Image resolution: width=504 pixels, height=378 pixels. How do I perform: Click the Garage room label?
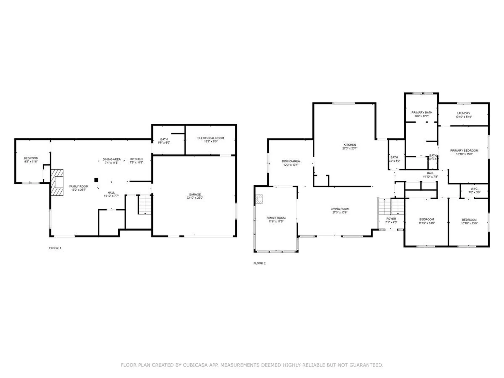(195, 195)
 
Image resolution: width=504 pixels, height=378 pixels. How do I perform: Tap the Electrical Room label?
(211, 138)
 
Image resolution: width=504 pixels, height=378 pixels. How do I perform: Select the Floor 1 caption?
(55, 248)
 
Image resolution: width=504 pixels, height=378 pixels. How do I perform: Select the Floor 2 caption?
(259, 263)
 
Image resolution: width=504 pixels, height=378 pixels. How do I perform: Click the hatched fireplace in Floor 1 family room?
(57, 182)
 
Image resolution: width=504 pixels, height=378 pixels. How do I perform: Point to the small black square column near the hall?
(96, 180)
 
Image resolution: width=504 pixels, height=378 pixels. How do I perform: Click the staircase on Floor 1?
(145, 205)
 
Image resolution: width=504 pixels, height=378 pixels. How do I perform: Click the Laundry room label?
(463, 113)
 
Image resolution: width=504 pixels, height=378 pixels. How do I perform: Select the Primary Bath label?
(422, 112)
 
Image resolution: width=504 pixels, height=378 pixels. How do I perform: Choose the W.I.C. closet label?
(474, 189)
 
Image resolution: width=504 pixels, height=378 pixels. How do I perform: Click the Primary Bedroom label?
(464, 150)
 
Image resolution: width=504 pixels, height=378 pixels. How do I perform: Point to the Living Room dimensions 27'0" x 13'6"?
(340, 212)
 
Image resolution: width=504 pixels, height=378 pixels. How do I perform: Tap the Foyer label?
(391, 219)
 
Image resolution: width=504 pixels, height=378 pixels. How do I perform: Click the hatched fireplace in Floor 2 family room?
(259, 199)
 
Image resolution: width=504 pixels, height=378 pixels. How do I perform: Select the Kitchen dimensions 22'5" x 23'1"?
(350, 148)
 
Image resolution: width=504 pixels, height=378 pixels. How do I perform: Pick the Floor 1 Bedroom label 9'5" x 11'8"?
(31, 158)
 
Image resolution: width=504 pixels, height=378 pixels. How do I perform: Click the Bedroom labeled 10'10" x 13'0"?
(469, 220)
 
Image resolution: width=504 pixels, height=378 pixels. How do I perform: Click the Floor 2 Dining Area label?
(291, 161)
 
